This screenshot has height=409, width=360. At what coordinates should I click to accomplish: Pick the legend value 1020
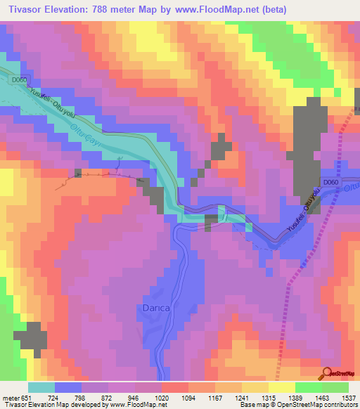tap(161, 397)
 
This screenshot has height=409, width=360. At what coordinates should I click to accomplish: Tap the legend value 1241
tap(240, 397)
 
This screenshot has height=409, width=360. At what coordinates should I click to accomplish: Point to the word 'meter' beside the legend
tap(10, 397)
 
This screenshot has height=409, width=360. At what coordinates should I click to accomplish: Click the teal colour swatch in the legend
tap(41, 387)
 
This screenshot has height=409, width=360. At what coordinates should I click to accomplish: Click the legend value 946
tap(134, 397)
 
